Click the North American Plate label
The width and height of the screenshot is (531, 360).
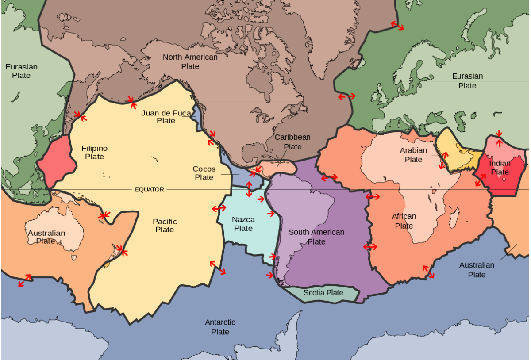[190, 61]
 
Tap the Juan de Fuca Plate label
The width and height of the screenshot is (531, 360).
[166, 117]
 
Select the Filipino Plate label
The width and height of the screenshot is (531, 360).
[94, 153]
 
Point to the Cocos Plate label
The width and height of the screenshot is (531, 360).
[204, 173]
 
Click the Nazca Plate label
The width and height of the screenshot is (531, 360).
[243, 224]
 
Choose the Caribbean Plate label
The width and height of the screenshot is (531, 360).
[292, 142]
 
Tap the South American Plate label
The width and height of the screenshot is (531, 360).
[316, 237]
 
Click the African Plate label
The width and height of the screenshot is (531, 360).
[404, 221]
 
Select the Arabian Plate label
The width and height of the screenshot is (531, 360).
[413, 155]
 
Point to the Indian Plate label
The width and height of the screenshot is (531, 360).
[500, 168]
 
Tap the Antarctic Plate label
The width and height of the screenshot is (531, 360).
[220, 327]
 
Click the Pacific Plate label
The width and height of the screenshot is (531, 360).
[165, 225]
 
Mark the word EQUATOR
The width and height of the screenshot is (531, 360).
[149, 190]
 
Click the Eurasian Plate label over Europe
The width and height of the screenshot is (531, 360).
[467, 80]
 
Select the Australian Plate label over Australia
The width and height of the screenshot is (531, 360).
[46, 237]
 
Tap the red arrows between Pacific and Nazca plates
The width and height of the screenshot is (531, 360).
[219, 208]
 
